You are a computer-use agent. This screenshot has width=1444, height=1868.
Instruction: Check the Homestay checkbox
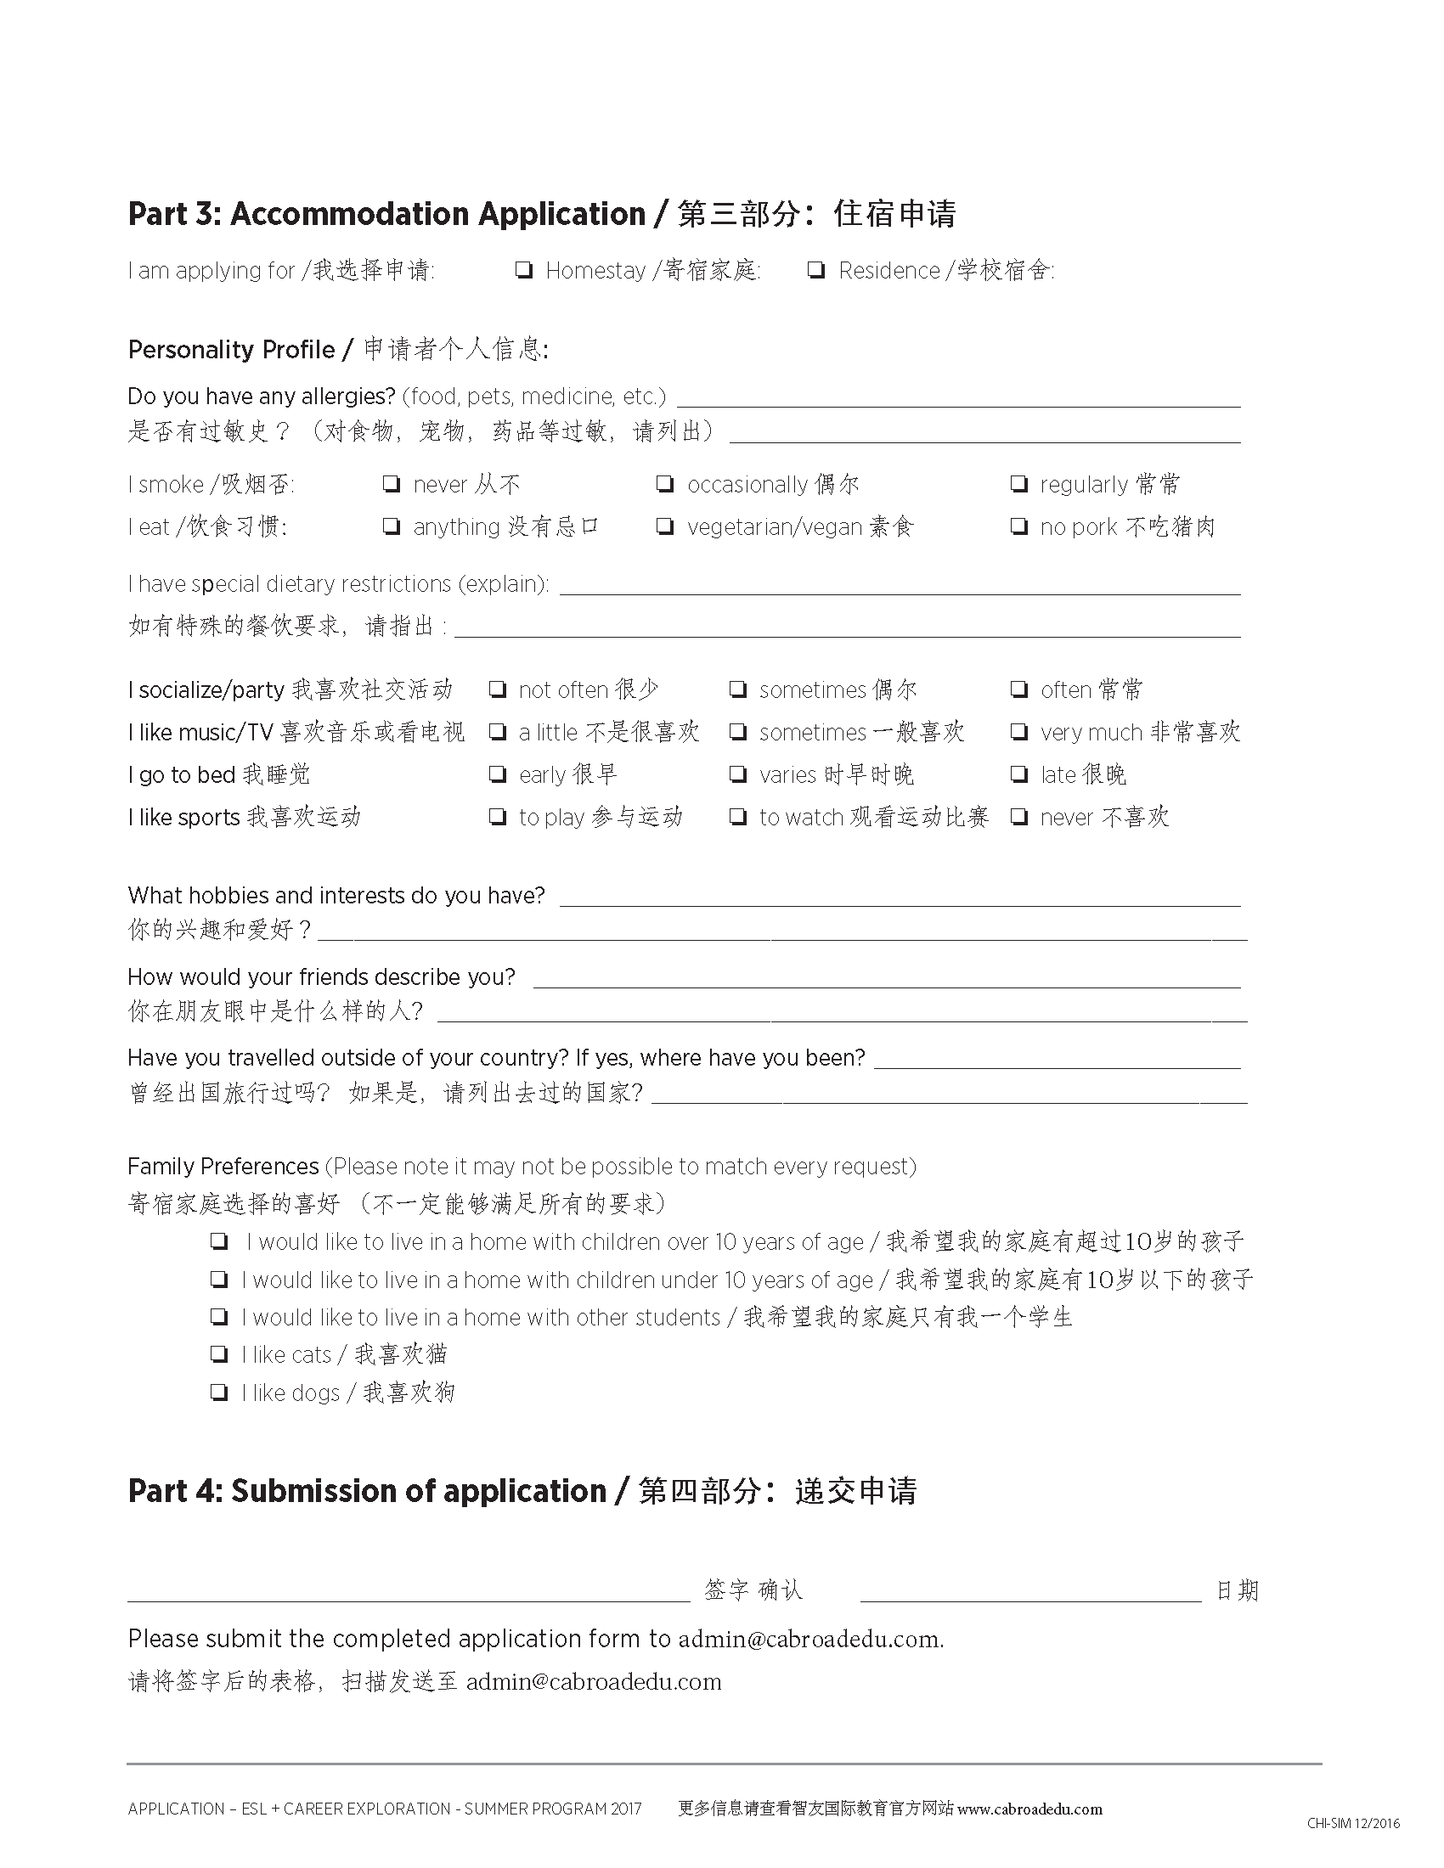point(523,271)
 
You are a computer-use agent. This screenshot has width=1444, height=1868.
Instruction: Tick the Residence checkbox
point(816,271)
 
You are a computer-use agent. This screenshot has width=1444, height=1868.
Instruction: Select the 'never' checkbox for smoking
point(391,485)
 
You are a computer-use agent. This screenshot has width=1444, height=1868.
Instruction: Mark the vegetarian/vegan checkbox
point(665,527)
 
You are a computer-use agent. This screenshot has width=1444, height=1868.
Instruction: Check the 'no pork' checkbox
point(1018,527)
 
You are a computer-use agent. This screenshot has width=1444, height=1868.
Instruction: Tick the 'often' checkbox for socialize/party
point(1018,689)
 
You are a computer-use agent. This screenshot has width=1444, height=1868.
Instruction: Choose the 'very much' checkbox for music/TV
point(1018,732)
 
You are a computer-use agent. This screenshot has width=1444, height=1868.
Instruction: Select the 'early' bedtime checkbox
point(497,775)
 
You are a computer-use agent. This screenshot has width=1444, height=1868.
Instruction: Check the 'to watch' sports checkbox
point(737,818)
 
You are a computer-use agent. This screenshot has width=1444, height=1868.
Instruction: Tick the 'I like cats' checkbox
point(219,1354)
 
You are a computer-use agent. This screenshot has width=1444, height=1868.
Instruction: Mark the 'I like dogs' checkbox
point(219,1393)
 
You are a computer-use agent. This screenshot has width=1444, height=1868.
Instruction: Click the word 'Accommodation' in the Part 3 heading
point(437,214)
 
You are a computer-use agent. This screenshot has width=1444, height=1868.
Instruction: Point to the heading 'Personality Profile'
point(231,350)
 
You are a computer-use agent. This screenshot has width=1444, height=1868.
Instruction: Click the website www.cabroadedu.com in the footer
point(1030,1809)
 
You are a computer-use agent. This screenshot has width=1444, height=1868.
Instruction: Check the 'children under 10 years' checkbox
point(219,1280)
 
